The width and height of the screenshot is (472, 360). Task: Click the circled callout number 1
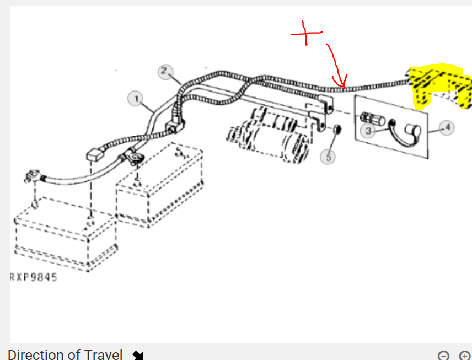point(137,99)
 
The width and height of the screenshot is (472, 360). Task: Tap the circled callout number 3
point(368,131)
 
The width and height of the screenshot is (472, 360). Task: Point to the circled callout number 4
point(447,127)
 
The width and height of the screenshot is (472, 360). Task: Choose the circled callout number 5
point(329,157)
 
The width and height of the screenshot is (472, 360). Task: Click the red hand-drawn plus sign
point(306,33)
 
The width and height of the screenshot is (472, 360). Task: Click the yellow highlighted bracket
point(439,86)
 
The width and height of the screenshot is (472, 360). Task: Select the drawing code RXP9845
point(34,277)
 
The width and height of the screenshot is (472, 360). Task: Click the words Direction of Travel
point(65,354)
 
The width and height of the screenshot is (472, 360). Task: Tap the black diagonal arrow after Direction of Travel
point(138,355)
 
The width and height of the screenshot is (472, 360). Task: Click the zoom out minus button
point(443,356)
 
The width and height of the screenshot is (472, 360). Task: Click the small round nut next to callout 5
point(337,130)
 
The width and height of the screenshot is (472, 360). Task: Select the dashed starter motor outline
point(268,135)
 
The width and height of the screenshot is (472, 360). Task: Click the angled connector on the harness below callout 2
point(175,126)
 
